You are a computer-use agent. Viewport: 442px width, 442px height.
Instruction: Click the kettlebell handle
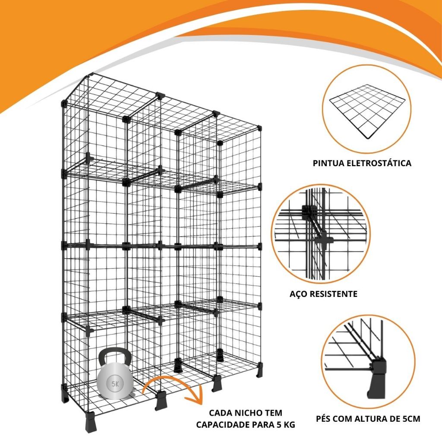pos(115,352)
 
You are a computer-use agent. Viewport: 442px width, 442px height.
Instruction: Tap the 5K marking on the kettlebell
pos(115,384)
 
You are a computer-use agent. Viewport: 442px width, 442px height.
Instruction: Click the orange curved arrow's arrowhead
pos(195,397)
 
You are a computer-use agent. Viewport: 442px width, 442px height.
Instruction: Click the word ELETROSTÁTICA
pos(379,163)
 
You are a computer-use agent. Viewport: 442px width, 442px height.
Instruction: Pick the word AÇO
pos(298,294)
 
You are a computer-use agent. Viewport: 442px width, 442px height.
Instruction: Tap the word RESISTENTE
pos(334,294)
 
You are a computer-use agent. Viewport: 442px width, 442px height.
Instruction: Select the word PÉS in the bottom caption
pos(324,418)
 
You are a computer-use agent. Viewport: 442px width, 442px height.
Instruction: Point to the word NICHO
pos(248,413)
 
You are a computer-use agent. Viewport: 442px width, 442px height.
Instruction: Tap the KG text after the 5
pos(289,425)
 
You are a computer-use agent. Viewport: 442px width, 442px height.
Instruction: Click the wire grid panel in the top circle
pos(368,111)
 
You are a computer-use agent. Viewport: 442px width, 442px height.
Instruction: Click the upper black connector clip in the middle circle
pos(308,212)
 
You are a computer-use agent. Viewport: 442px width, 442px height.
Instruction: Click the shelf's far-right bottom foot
pos(260,370)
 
